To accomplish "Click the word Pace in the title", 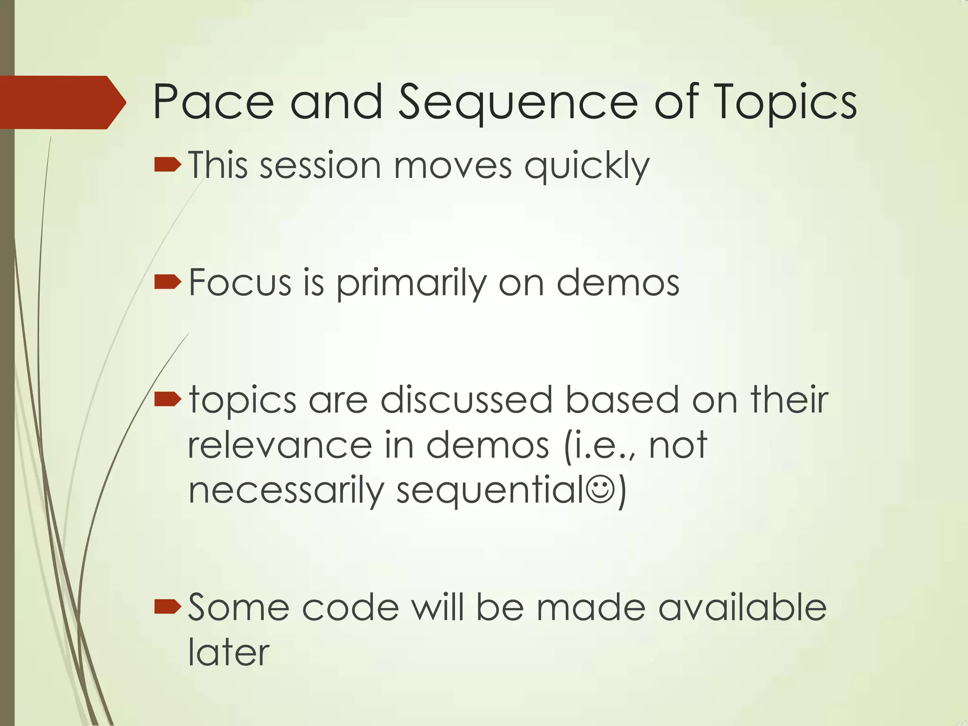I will [x=213, y=102].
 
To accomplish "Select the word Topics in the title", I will [x=785, y=104].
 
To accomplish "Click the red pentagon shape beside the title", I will [x=61, y=102].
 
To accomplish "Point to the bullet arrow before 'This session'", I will [x=167, y=165].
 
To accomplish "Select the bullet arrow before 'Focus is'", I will [x=167, y=283].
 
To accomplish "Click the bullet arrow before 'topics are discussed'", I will [x=167, y=400].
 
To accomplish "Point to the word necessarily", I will [x=286, y=492].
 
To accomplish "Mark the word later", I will [x=229, y=652].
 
